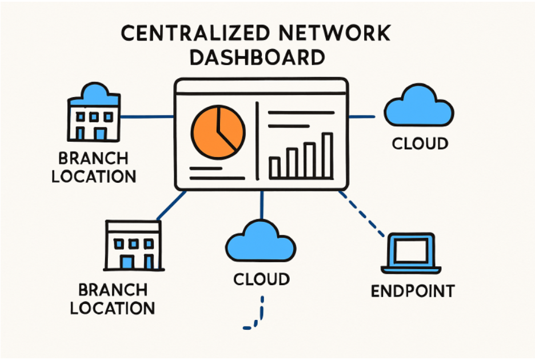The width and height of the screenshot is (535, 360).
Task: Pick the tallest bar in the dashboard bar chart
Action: pos(328,155)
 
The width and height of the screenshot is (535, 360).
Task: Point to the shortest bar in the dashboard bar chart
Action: pos(274,167)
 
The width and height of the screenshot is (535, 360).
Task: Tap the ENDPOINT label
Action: pos(412,291)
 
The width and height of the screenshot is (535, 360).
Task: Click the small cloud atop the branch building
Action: pos(94,93)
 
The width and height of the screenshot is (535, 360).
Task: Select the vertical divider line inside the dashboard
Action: pos(257,140)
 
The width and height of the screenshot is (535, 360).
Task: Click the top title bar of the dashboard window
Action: pos(261,87)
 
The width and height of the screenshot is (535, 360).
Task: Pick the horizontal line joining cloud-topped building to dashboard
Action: pos(147,117)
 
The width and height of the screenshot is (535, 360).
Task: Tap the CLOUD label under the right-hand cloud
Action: pos(420,143)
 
